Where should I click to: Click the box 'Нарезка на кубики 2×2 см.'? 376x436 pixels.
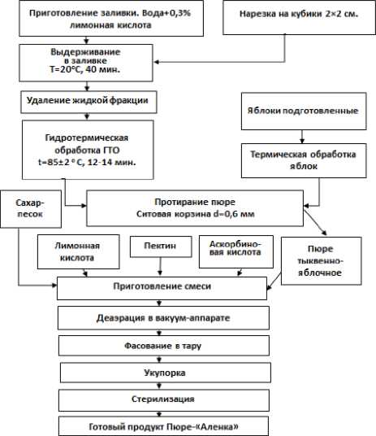pyautogui.click(x=299, y=18)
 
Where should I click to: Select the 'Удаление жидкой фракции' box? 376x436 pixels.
pyautogui.click(x=89, y=102)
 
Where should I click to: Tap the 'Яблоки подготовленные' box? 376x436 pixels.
pyautogui.click(x=304, y=111)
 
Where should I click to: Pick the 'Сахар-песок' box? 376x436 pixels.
pyautogui.click(x=31, y=209)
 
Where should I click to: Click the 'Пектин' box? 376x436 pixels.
pyautogui.click(x=161, y=246)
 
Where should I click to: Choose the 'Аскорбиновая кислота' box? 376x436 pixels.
pyautogui.click(x=236, y=251)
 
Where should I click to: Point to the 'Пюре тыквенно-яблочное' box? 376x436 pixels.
pyautogui.click(x=322, y=261)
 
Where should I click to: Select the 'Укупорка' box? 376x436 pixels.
pyautogui.click(x=166, y=373)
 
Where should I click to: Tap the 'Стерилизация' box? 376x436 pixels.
pyautogui.click(x=164, y=400)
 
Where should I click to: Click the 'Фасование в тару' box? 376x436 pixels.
pyautogui.click(x=164, y=346)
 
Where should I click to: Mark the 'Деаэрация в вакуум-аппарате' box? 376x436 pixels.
pyautogui.click(x=163, y=318)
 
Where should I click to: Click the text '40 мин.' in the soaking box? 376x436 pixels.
pyautogui.click(x=103, y=69)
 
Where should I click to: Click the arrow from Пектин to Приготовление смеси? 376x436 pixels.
pyautogui.click(x=160, y=266)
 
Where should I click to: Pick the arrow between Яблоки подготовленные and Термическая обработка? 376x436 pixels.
pyautogui.click(x=302, y=137)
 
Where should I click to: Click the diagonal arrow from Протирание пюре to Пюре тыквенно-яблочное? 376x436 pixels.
pyautogui.click(x=315, y=223)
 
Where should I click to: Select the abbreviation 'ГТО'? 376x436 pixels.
pyautogui.click(x=111, y=150)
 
